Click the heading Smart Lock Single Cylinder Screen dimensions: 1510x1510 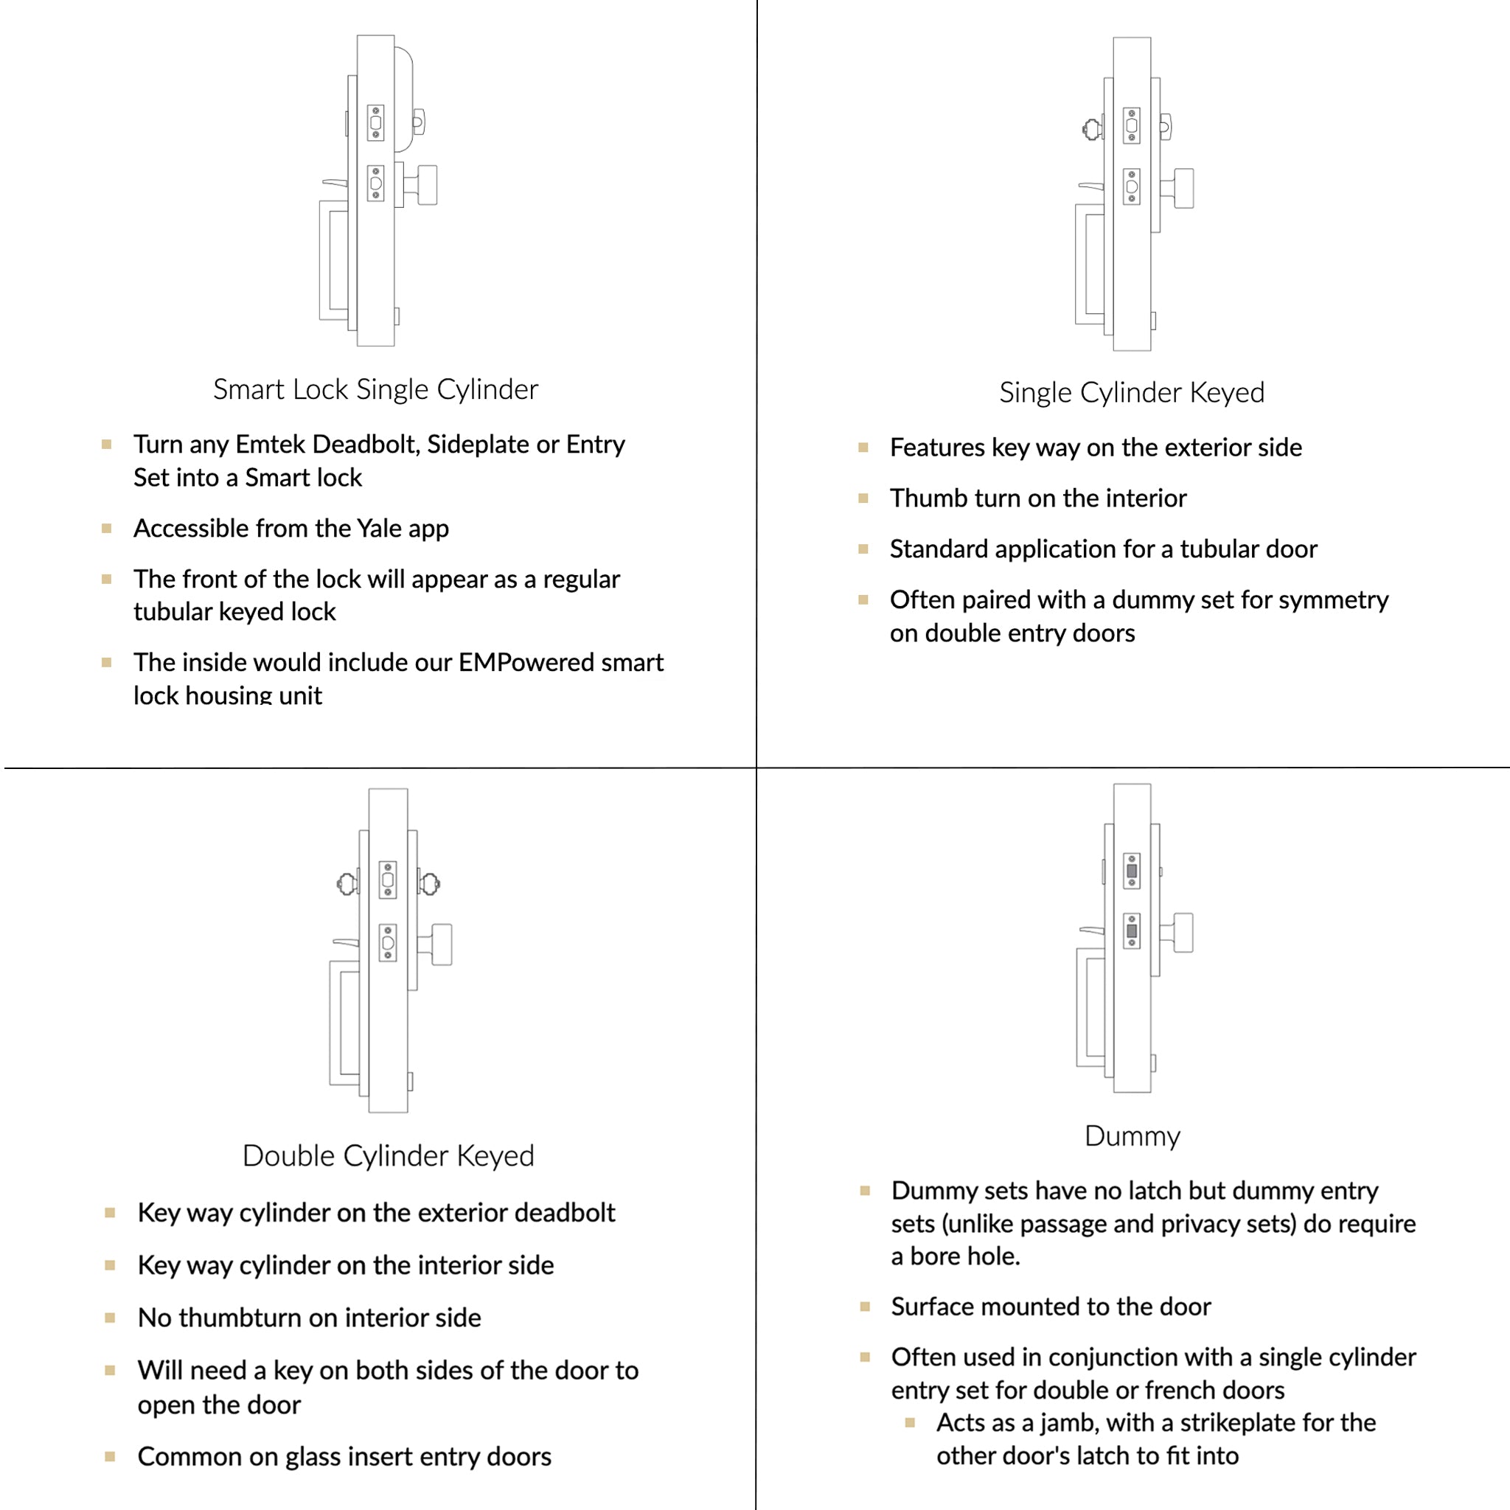[x=375, y=389]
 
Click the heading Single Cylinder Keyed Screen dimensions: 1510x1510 [x=1131, y=392]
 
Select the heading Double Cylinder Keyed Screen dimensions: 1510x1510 [x=388, y=1155]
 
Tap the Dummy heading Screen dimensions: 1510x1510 [x=1132, y=1135]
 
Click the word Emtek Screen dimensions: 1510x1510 [x=271, y=444]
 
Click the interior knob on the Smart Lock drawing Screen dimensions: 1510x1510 [x=427, y=184]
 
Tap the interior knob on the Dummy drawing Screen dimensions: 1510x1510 [x=1183, y=933]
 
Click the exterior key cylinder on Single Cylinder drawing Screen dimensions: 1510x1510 [x=1092, y=129]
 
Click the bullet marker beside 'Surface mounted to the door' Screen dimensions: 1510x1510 [x=865, y=1307]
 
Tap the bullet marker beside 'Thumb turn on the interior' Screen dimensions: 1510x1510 [x=863, y=498]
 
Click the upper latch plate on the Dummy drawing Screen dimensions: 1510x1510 [x=1132, y=871]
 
